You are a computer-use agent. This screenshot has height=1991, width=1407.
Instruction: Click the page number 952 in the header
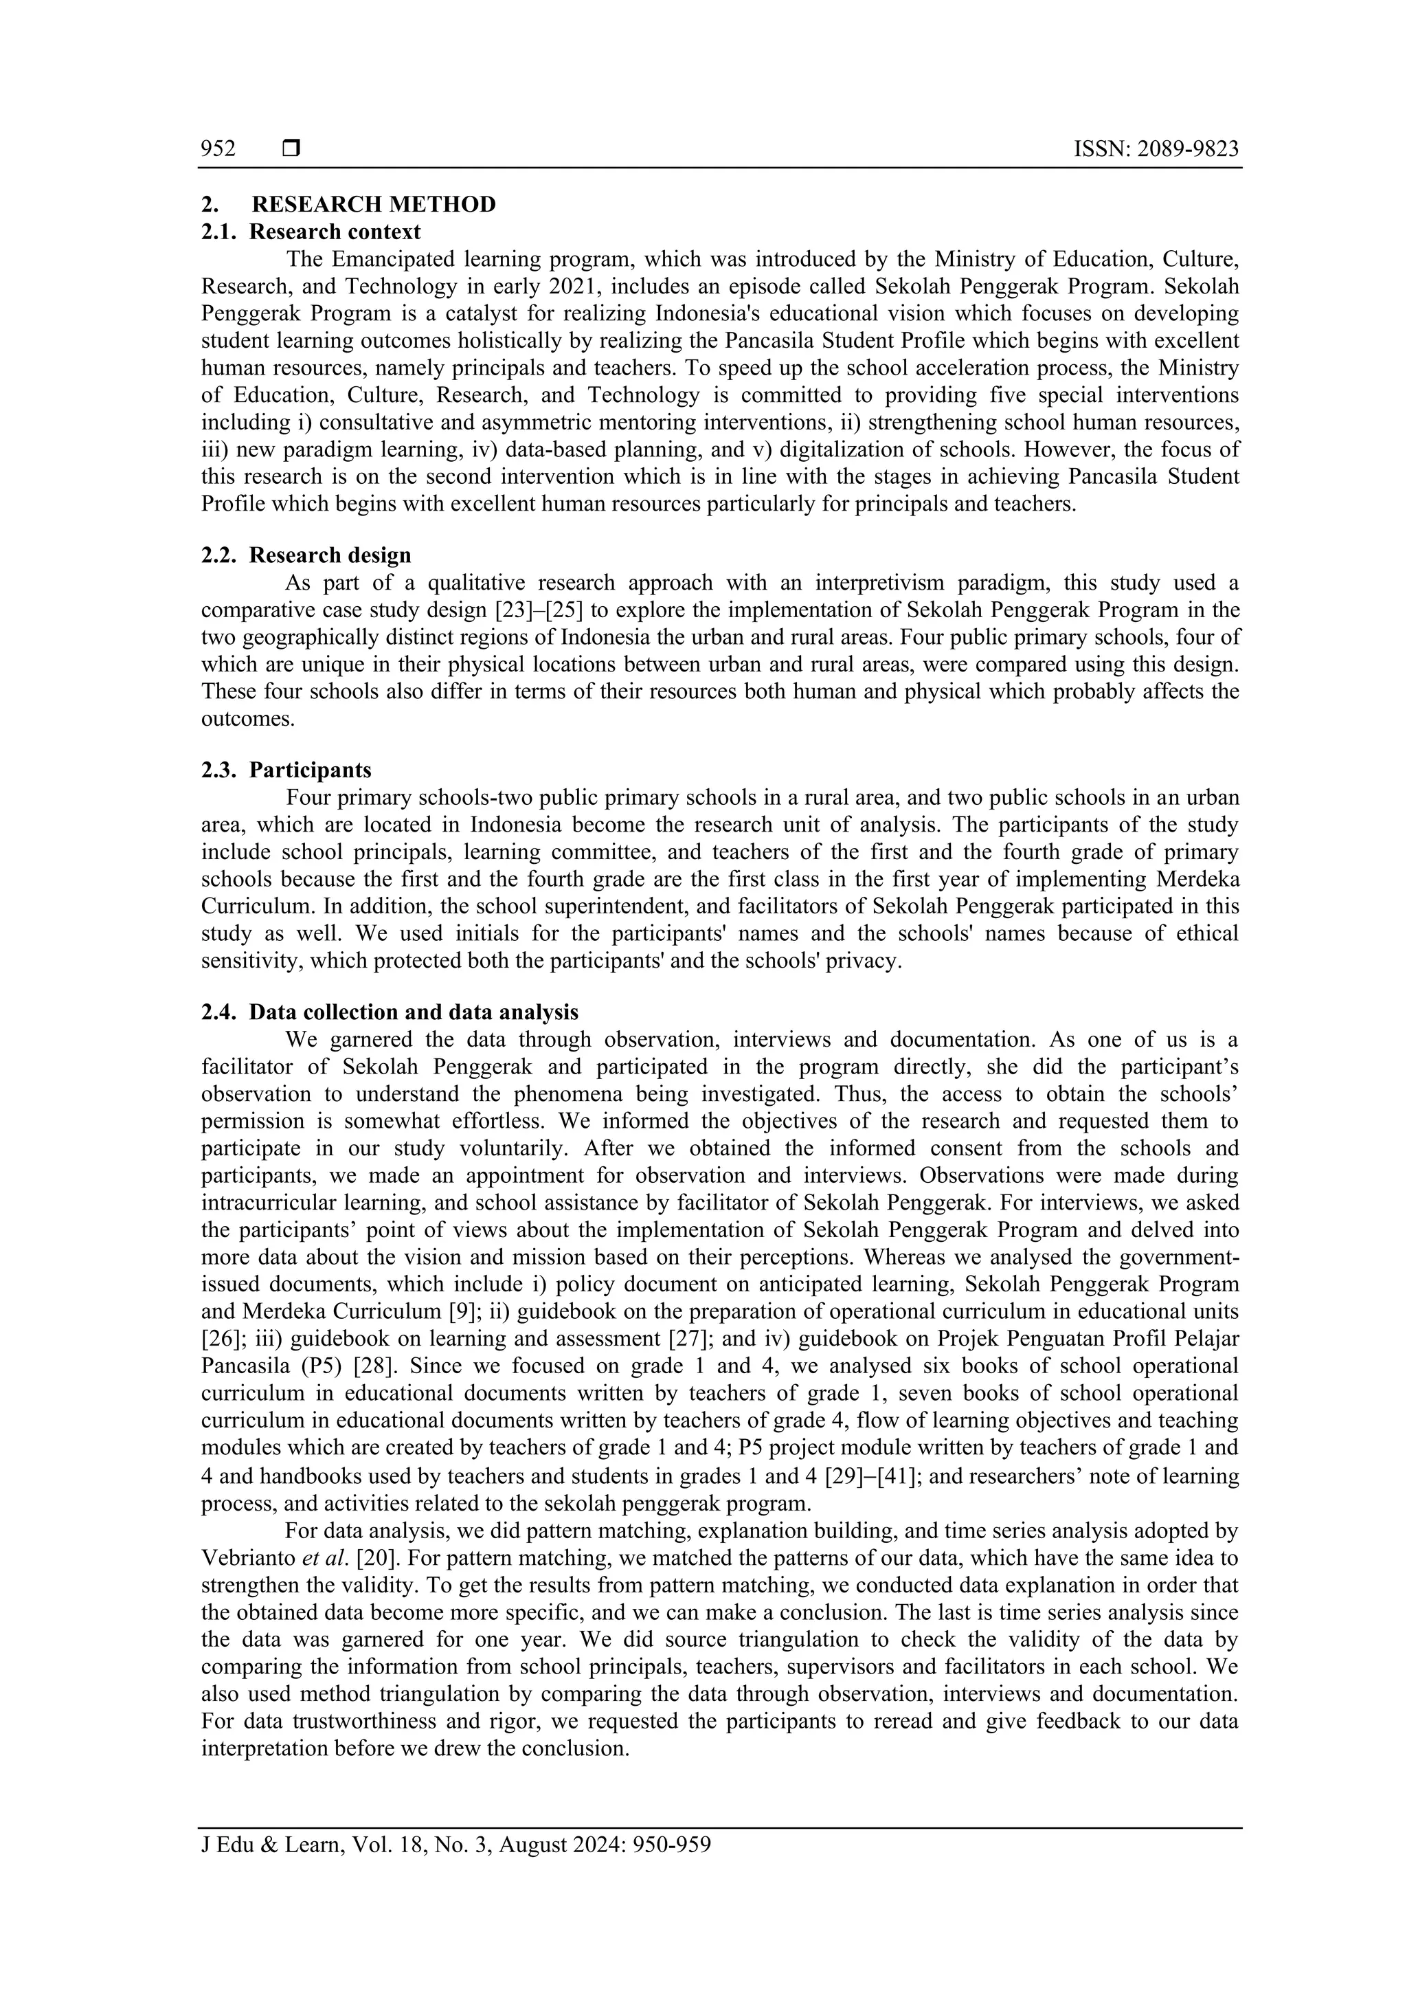218,149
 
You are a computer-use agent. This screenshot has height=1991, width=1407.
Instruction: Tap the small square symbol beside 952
291,149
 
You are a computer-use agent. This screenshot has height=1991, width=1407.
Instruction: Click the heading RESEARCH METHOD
374,205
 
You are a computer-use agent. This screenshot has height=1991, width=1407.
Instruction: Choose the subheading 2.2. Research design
306,555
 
